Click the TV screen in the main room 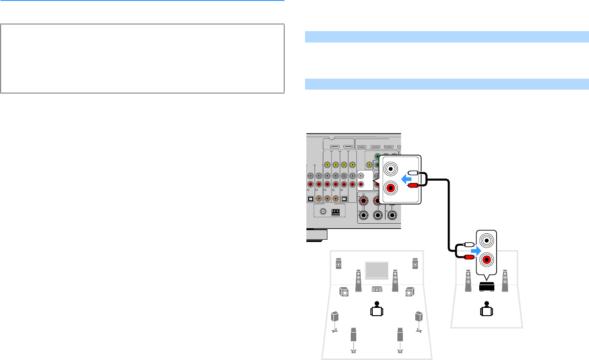click(377, 270)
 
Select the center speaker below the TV click(377, 290)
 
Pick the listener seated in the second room click(487, 309)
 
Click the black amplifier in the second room click(487, 287)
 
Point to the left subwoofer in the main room click(344, 291)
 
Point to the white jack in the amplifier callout click(486, 241)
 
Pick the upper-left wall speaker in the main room click(338, 264)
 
